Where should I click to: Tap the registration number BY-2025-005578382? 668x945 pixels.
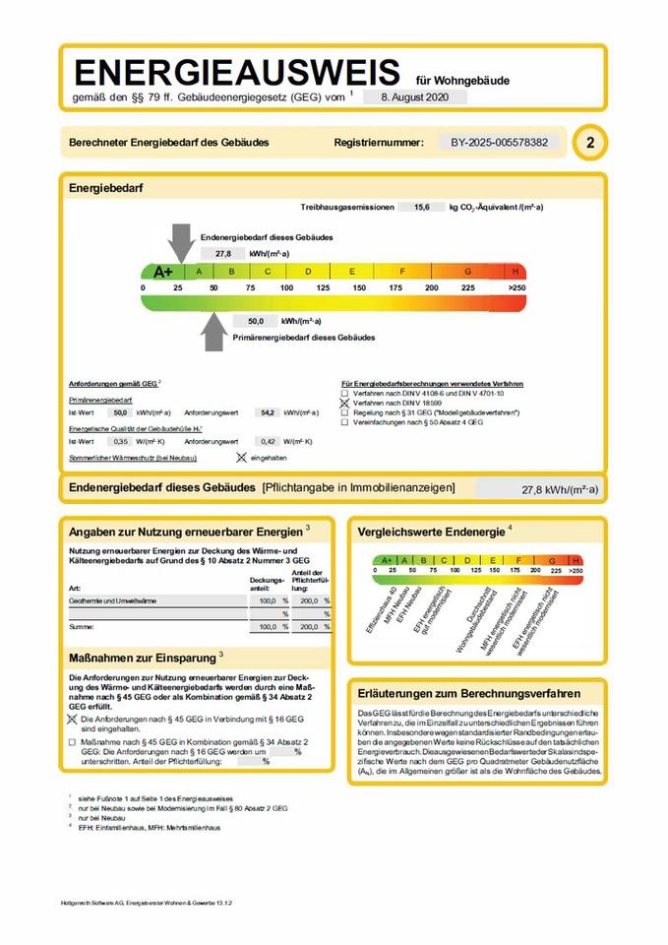tap(499, 142)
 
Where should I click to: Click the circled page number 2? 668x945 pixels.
tap(589, 142)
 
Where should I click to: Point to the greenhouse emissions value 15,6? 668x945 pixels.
tap(421, 208)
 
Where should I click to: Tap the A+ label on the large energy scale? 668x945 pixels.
tap(162, 271)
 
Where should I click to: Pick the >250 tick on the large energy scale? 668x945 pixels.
tap(516, 287)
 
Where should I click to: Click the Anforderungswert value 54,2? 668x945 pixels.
tap(267, 412)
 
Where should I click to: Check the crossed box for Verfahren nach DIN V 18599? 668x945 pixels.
tap(344, 403)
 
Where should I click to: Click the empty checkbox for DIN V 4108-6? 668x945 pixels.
tap(344, 393)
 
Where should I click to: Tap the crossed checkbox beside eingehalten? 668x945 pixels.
tap(241, 458)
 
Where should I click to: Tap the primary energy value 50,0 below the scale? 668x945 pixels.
tap(256, 321)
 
